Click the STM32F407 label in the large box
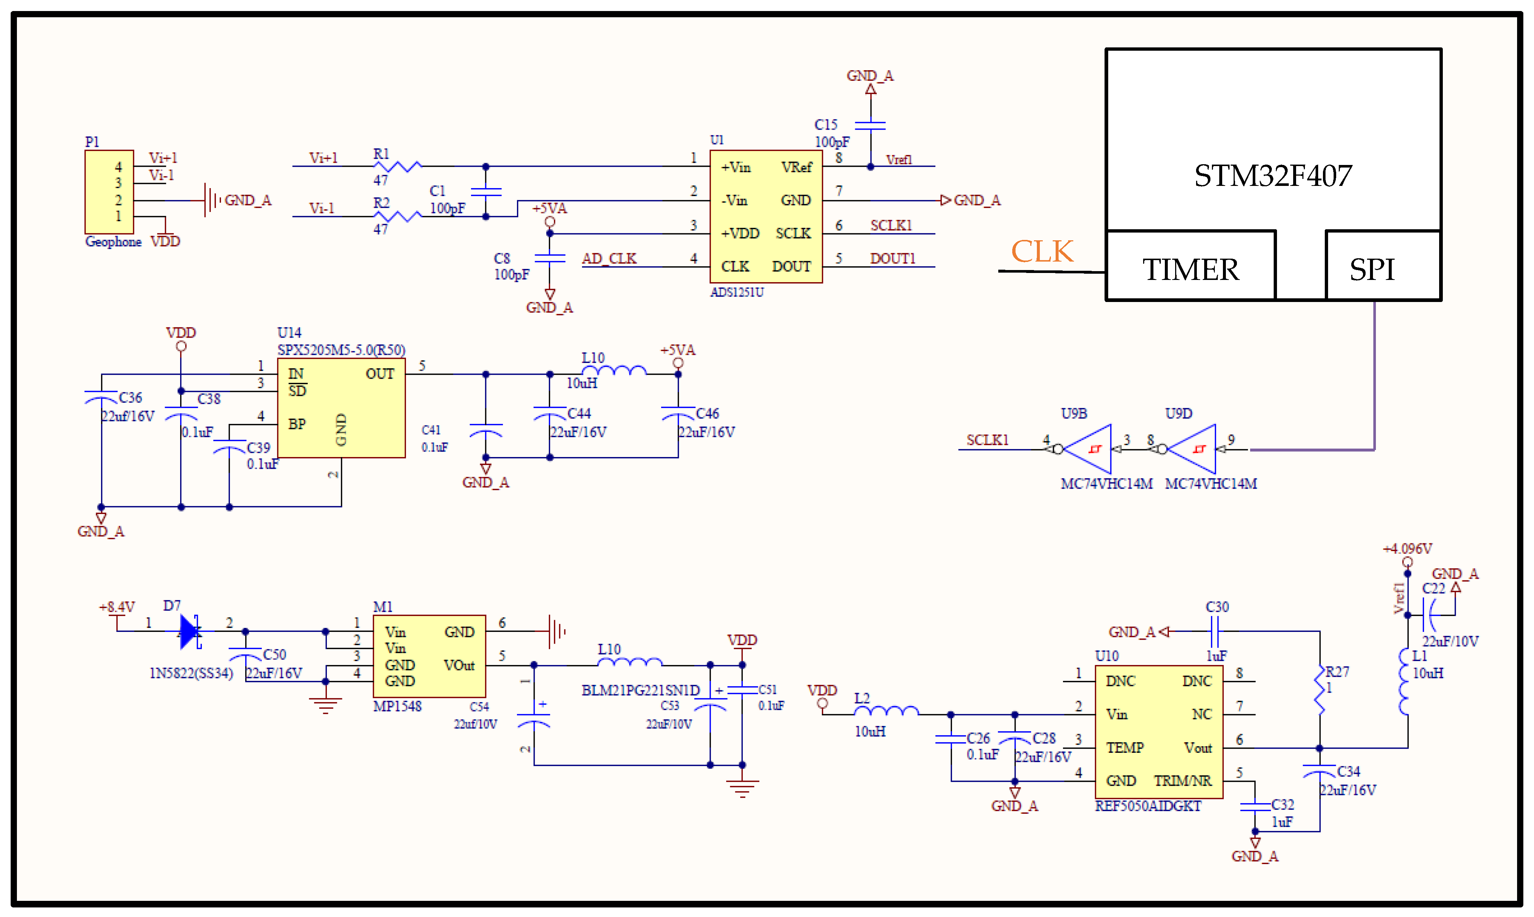pos(1273,176)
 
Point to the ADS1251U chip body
pos(766,216)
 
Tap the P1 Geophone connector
pos(109,191)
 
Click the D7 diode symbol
pos(190,631)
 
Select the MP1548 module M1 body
pos(429,656)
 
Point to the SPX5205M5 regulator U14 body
pos(341,408)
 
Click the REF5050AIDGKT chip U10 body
pos(1159,731)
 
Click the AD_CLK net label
pos(609,258)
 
